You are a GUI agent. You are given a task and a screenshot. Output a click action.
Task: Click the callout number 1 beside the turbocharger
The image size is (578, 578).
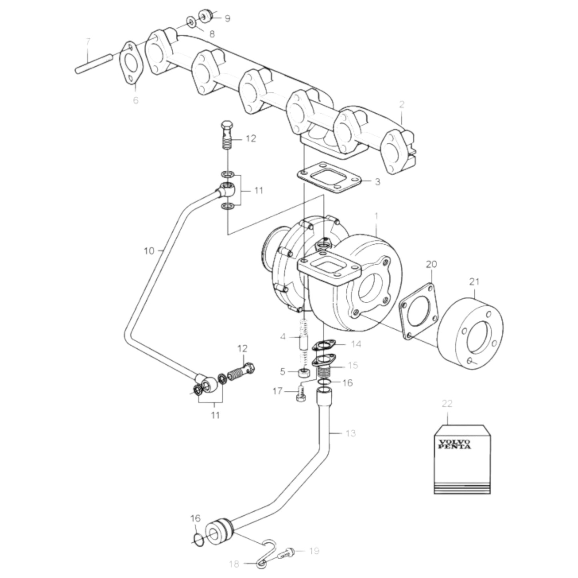[376, 216]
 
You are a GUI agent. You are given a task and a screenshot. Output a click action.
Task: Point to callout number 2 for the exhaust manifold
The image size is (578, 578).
[402, 105]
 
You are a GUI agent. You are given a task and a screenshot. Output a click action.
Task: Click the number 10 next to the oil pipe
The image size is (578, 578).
[149, 251]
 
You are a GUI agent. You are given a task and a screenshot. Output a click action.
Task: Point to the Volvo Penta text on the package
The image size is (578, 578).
[454, 444]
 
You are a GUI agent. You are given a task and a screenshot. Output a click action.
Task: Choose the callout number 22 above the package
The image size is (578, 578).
[447, 403]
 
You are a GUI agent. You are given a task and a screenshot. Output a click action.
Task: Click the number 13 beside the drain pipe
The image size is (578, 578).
[350, 433]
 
